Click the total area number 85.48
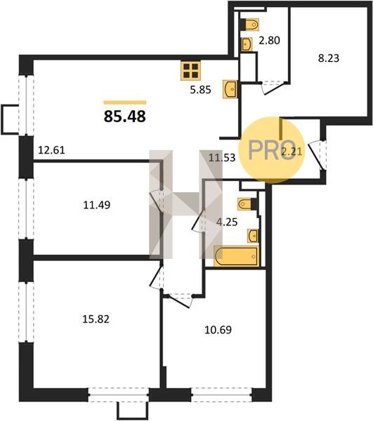[125, 116]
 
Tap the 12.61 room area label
[51, 150]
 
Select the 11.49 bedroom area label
[97, 205]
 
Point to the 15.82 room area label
[96, 319]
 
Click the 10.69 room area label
[218, 330]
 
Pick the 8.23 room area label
[329, 58]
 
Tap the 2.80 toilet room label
[269, 40]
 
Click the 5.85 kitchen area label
[200, 90]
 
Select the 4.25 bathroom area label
[227, 222]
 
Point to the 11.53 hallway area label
[222, 157]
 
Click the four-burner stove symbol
[190, 71]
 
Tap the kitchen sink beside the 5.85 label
[230, 89]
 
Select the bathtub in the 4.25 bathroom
[237, 256]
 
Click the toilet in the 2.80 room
[249, 25]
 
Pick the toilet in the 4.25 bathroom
[247, 203]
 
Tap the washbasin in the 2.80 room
[247, 44]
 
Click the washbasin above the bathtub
[253, 236]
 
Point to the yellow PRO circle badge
[272, 150]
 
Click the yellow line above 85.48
[125, 102]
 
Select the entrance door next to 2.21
[317, 156]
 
